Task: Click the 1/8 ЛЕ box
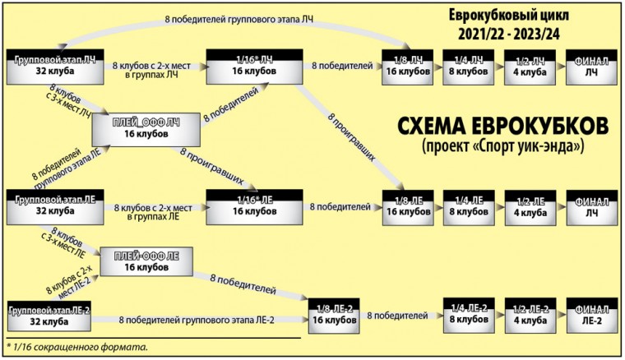tap(407, 205)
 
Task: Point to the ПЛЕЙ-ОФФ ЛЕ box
tap(146, 261)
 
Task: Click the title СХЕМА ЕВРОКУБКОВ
tap(502, 127)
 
